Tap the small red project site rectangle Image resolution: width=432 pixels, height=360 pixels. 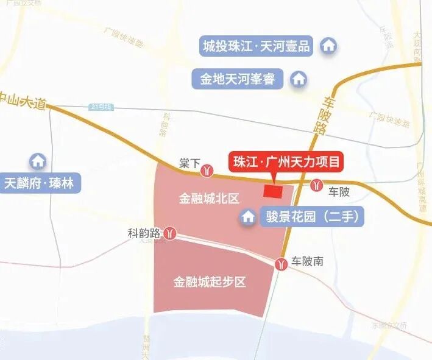(x=273, y=191)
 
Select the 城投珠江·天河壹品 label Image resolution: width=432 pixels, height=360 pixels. (x=257, y=45)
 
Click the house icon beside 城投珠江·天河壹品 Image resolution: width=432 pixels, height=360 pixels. (x=329, y=45)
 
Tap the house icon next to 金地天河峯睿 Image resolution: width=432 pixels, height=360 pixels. (x=299, y=79)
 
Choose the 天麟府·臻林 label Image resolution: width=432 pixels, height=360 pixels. (x=42, y=183)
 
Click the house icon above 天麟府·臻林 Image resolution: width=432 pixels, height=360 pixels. (x=38, y=161)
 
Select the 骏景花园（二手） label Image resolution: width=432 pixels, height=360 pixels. (x=311, y=216)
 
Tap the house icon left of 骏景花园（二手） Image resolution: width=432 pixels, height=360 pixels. (x=249, y=216)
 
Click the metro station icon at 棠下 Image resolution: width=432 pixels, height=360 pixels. (x=208, y=170)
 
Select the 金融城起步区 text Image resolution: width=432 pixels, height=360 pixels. (x=209, y=282)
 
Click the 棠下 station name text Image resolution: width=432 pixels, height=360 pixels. (x=189, y=164)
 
